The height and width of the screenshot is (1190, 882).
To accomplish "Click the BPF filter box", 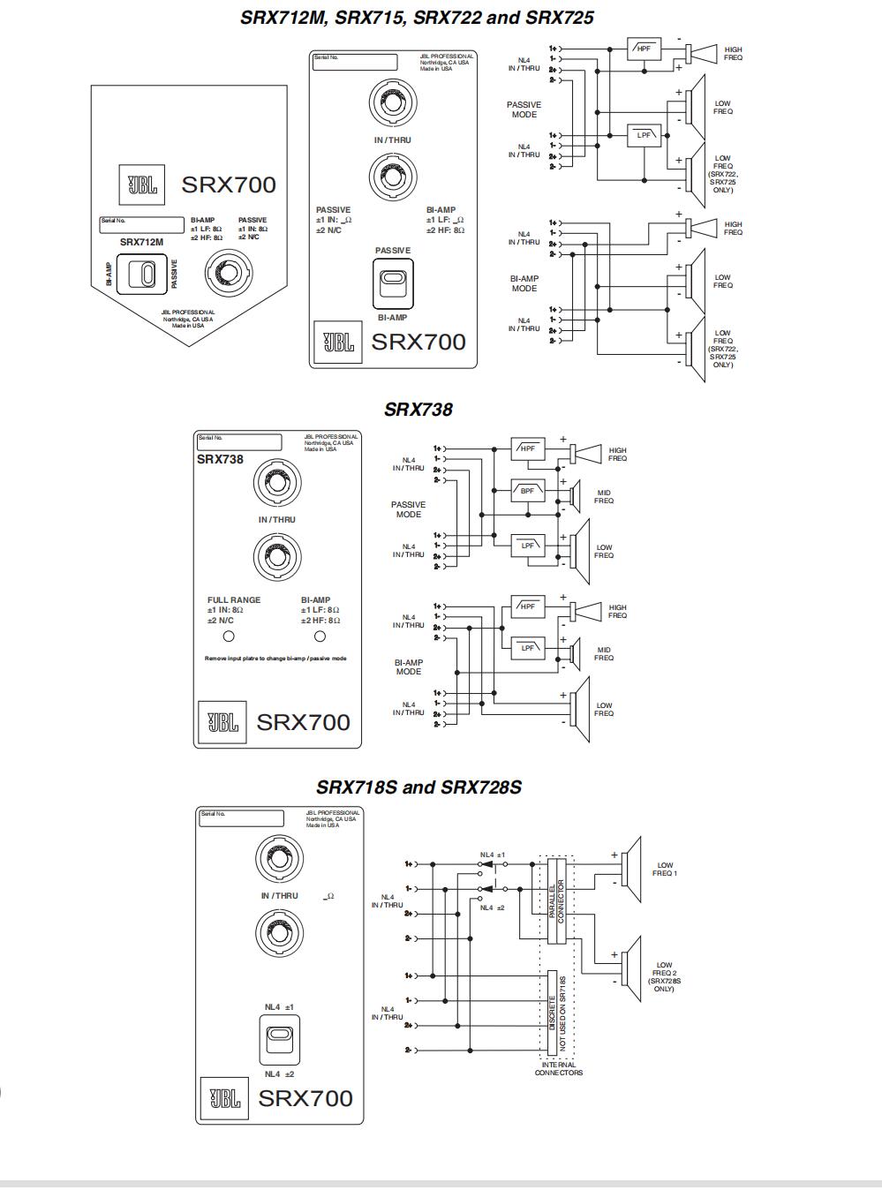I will (x=527, y=491).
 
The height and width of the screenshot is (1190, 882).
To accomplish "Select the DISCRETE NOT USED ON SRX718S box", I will (x=555, y=1013).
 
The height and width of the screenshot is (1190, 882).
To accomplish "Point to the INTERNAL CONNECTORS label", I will (x=558, y=1069).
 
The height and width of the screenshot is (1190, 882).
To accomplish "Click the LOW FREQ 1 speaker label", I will (x=665, y=870).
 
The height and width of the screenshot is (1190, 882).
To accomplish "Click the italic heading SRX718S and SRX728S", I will (x=418, y=787).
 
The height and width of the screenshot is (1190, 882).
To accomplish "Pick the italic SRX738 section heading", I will (x=418, y=410).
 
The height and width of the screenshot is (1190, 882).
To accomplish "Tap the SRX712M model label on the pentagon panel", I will (x=141, y=242).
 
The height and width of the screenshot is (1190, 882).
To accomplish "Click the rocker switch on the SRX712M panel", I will (x=141, y=274).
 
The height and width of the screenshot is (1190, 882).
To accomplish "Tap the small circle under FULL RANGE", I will (x=229, y=636).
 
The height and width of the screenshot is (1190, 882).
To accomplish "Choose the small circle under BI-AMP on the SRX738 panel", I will (x=320, y=636).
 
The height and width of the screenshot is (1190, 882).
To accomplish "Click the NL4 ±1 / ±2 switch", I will (x=280, y=1040).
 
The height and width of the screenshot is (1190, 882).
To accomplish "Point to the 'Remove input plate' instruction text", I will (x=275, y=659).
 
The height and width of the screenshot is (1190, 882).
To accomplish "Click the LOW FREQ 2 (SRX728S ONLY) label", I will (x=664, y=976).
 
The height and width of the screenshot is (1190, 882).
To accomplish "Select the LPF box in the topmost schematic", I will (x=645, y=135).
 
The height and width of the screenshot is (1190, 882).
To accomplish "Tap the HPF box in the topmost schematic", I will (x=644, y=49).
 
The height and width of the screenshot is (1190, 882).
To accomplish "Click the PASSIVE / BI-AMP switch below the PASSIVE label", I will (x=392, y=283).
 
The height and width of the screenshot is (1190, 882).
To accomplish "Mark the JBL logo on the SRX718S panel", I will (x=224, y=1098).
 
